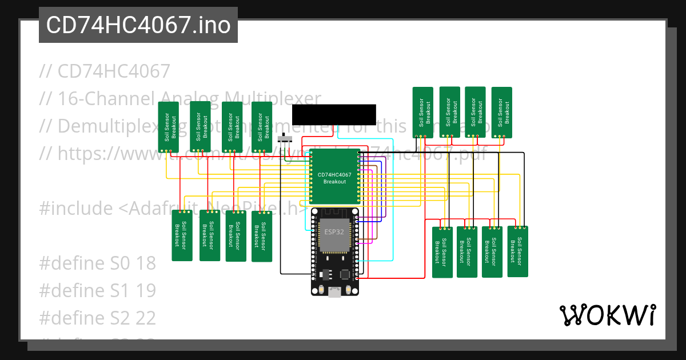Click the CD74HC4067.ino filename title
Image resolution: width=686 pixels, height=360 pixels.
(138, 25)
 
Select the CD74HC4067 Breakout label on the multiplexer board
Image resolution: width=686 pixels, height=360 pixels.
(334, 178)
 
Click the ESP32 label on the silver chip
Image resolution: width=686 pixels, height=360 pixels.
(334, 233)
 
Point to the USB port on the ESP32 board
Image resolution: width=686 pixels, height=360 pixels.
(334, 291)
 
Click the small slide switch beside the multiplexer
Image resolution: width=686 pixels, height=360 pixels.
(284, 139)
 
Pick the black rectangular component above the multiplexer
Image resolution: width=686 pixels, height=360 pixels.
(334, 114)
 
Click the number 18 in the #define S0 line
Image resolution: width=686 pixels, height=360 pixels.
(145, 263)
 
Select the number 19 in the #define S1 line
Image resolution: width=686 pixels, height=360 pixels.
(145, 290)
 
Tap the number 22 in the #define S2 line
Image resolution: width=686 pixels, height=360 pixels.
(145, 318)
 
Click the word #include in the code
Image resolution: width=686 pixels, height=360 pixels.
(76, 209)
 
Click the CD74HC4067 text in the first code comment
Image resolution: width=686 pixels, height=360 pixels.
(114, 71)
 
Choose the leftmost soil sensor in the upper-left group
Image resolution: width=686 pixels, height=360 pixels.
(168, 127)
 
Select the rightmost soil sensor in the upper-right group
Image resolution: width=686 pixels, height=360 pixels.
(501, 112)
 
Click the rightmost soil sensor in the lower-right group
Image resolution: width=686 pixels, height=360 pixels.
(517, 251)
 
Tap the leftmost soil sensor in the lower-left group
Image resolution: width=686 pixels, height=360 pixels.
(182, 235)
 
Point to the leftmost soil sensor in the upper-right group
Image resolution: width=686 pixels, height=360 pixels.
(422, 112)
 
